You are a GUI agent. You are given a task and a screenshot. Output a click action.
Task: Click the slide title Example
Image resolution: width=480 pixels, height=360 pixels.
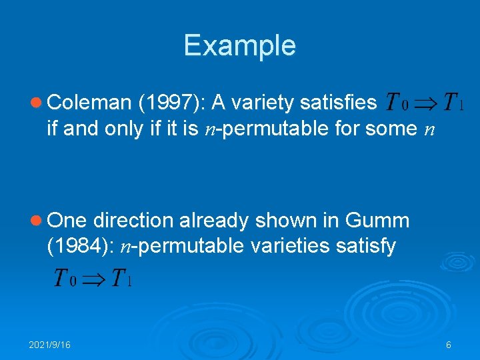239,45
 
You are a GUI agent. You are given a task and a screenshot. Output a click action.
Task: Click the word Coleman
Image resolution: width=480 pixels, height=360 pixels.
89,102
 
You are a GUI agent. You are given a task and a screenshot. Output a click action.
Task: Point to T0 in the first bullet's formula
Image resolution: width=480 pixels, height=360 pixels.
393,103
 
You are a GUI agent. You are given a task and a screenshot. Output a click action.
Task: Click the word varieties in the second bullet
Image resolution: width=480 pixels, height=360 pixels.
280,247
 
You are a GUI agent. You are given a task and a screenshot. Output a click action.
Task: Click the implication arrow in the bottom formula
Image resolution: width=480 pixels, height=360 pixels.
93,277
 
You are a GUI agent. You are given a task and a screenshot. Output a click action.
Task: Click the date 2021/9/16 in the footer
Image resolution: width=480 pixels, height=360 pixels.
50,345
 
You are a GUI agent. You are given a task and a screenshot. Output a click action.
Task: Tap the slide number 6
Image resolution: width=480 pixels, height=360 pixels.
449,345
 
